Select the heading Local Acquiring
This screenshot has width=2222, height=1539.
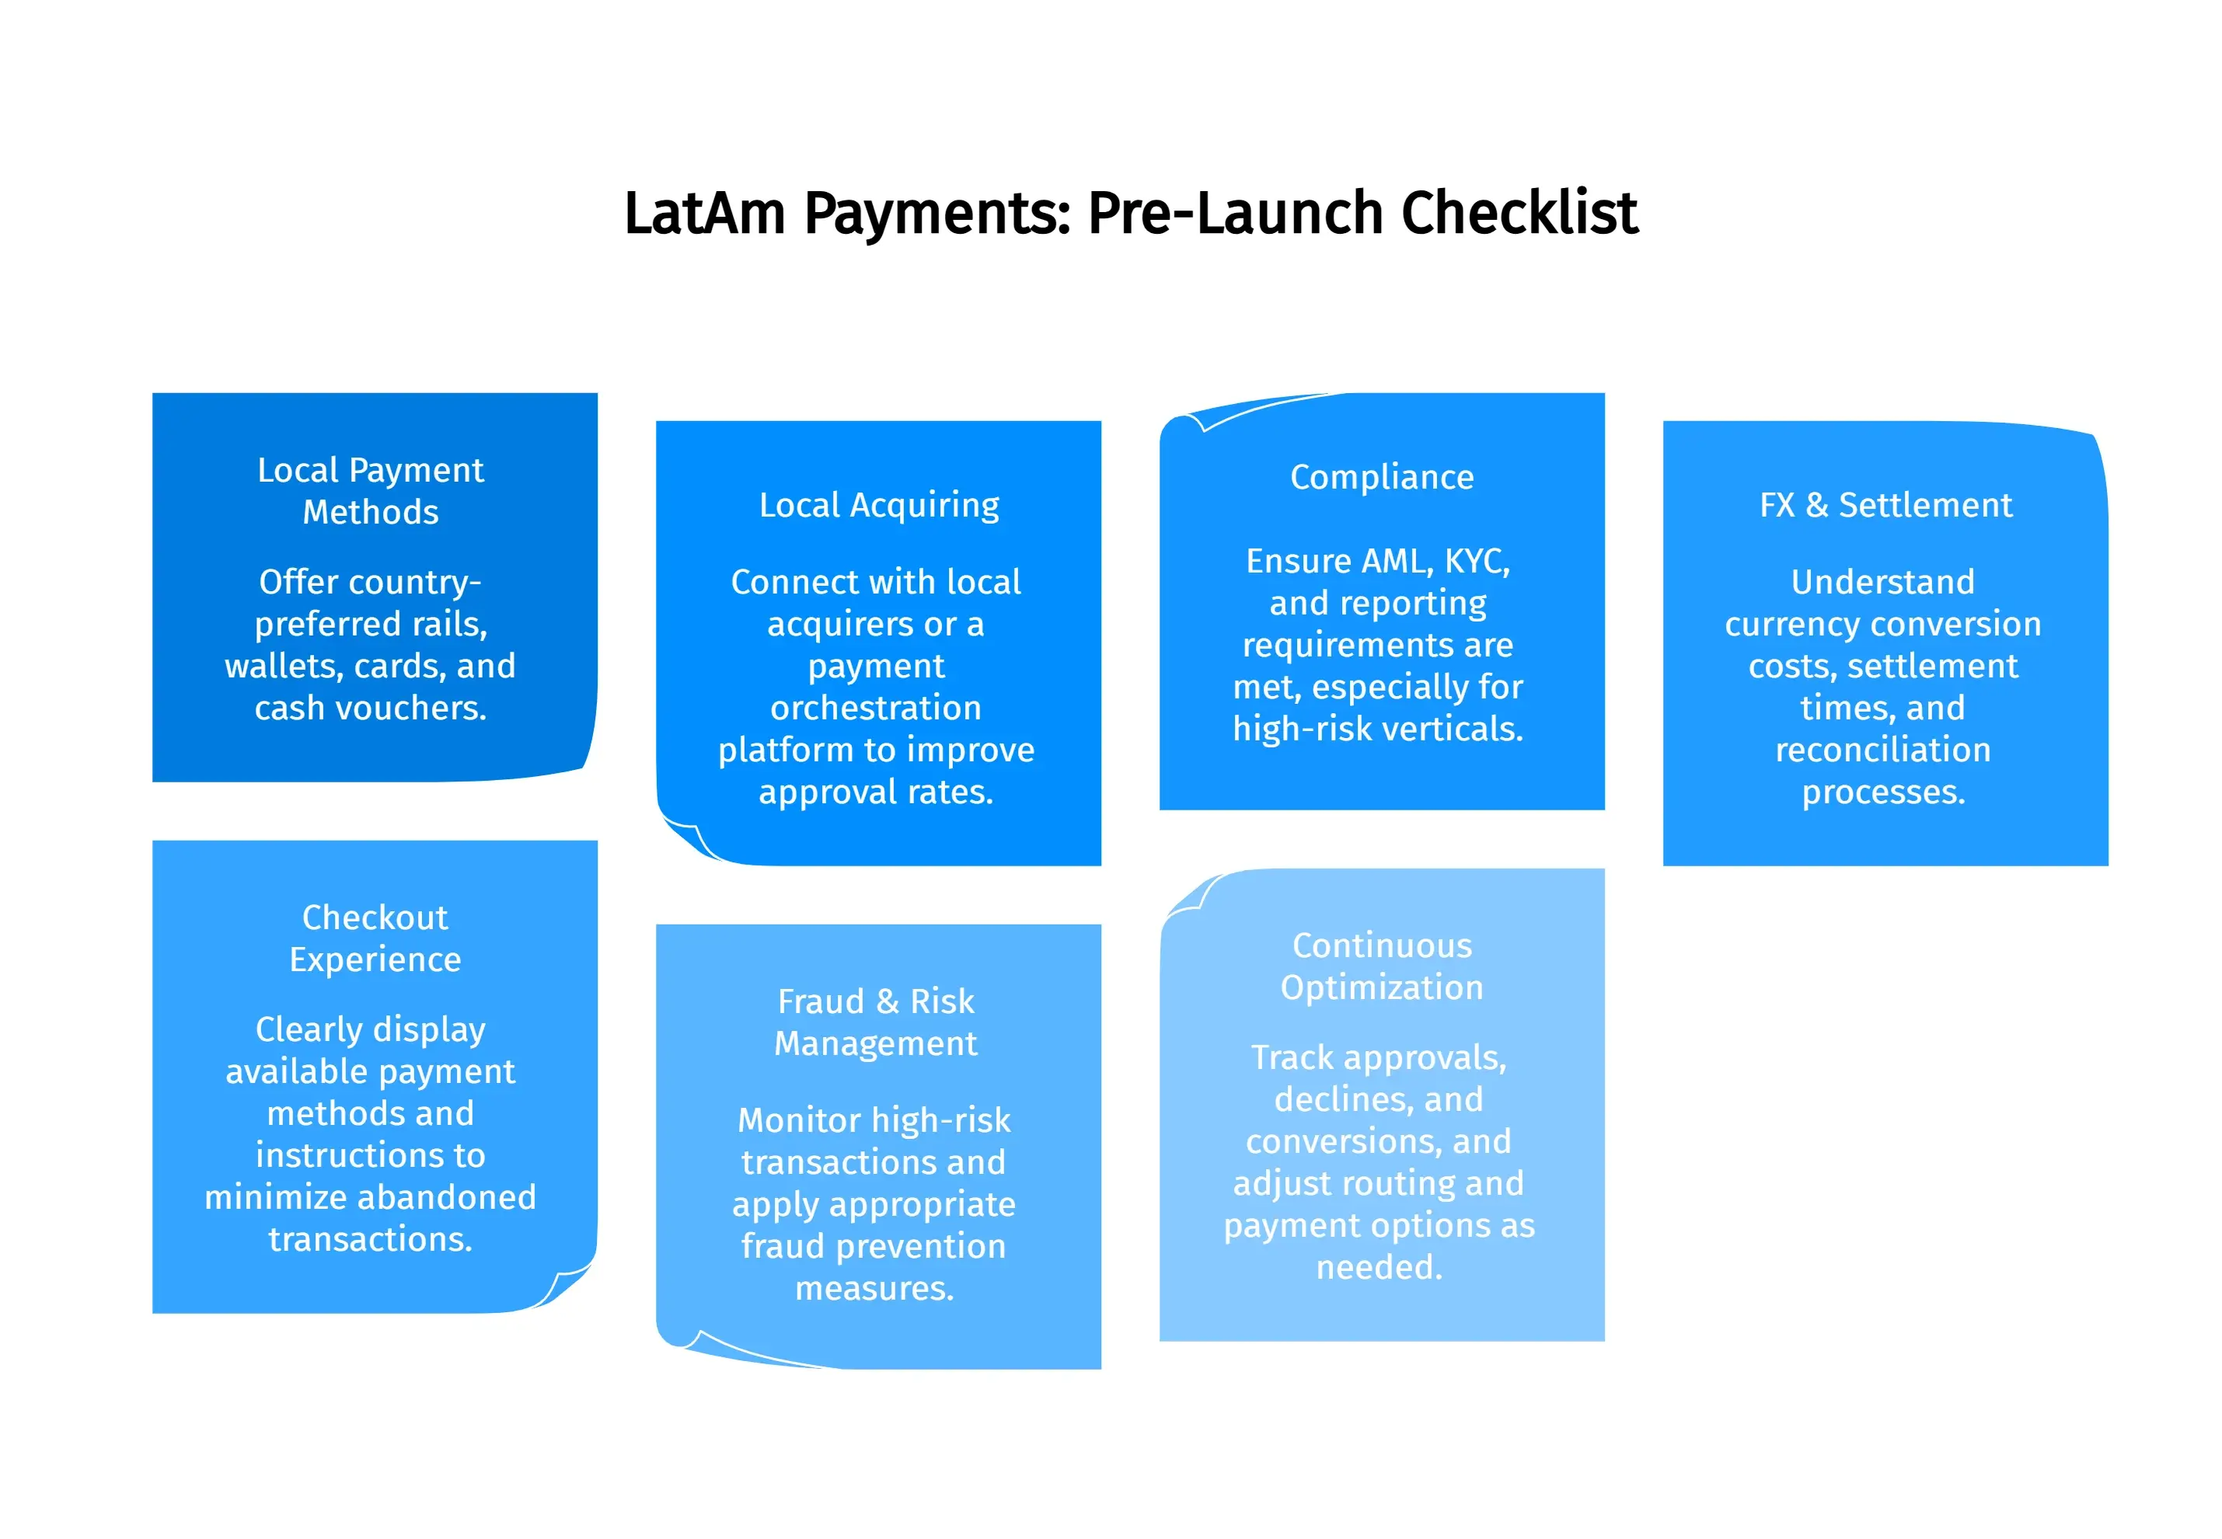(x=878, y=505)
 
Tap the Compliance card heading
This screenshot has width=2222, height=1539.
(x=1381, y=477)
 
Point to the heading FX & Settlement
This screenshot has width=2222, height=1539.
(x=1885, y=505)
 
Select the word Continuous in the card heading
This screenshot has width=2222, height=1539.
(x=1381, y=945)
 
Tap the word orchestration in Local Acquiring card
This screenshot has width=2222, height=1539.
(x=876, y=708)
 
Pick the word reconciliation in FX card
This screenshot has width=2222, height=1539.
(x=1882, y=749)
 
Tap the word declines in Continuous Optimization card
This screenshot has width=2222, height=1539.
(x=1337, y=1099)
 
